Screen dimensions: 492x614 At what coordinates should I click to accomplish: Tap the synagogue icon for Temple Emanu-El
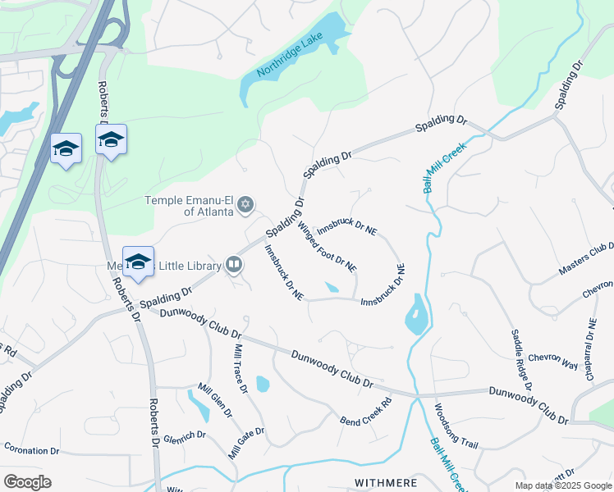tap(245, 205)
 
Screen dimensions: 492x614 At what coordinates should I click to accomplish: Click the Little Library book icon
tap(234, 265)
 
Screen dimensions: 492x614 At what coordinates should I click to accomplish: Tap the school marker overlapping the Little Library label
tap(138, 262)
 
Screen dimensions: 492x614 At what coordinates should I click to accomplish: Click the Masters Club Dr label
tap(586, 258)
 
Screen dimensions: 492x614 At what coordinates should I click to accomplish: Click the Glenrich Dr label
tap(182, 438)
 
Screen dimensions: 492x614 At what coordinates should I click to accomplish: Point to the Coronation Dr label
tap(32, 450)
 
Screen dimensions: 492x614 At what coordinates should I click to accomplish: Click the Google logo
tap(27, 482)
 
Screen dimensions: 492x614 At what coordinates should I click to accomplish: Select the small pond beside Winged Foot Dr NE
tap(332, 287)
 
